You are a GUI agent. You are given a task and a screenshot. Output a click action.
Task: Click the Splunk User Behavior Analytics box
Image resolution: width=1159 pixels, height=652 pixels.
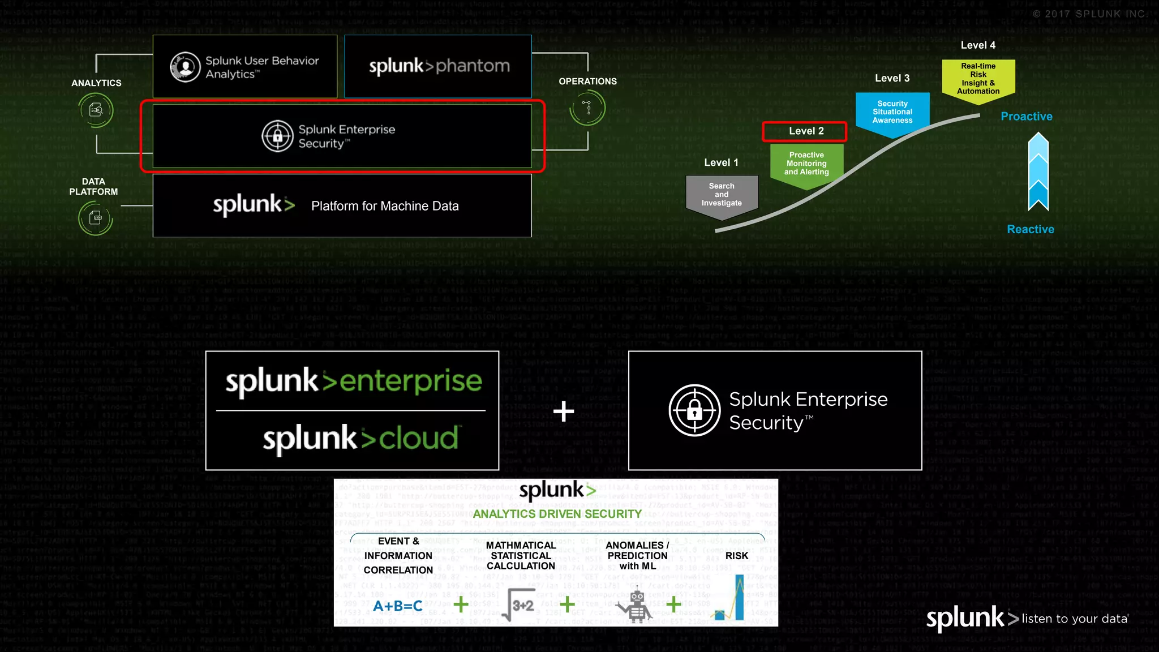tap(245, 67)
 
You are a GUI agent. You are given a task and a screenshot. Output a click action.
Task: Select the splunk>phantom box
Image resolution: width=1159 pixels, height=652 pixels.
tap(438, 66)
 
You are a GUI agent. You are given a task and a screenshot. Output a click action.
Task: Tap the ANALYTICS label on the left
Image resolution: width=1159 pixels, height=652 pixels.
tap(96, 83)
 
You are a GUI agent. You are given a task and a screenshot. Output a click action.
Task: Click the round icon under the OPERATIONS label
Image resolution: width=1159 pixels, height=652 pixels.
tap(588, 108)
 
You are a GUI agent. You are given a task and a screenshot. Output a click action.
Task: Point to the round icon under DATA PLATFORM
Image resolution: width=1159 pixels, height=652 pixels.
tap(95, 218)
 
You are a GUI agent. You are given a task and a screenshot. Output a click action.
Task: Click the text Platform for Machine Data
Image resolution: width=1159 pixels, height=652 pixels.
tap(385, 206)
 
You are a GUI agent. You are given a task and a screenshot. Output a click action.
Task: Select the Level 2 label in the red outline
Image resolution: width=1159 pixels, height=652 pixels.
tap(805, 131)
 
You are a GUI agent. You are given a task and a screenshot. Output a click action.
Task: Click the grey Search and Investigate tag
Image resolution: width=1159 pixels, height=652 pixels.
tap(722, 195)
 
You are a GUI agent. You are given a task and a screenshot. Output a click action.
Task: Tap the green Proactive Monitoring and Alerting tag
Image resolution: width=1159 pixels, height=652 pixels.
tap(806, 164)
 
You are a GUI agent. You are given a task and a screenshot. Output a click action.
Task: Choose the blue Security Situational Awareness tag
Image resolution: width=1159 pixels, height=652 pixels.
tap(892, 112)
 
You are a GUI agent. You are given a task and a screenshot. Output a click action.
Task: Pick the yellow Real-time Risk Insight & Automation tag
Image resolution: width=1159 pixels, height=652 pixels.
tap(978, 79)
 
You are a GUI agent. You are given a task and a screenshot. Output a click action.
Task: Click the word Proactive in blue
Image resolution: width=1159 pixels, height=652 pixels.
tap(1026, 117)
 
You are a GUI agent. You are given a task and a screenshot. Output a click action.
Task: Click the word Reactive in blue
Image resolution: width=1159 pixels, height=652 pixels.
tap(1031, 229)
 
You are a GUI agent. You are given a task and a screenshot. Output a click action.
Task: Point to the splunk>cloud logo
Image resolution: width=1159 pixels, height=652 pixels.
tap(360, 439)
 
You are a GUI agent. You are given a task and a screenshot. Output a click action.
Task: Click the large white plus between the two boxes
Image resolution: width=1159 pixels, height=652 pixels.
tap(564, 411)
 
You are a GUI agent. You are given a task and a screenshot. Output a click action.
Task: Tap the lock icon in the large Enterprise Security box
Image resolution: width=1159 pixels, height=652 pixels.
tap(694, 410)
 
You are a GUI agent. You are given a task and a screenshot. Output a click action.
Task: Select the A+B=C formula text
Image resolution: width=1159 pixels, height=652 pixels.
tap(398, 606)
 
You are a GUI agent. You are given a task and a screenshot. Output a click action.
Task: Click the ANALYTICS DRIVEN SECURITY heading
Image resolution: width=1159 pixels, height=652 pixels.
tap(557, 514)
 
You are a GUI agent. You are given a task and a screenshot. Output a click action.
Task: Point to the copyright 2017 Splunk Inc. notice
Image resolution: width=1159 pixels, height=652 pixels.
tap(1089, 14)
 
